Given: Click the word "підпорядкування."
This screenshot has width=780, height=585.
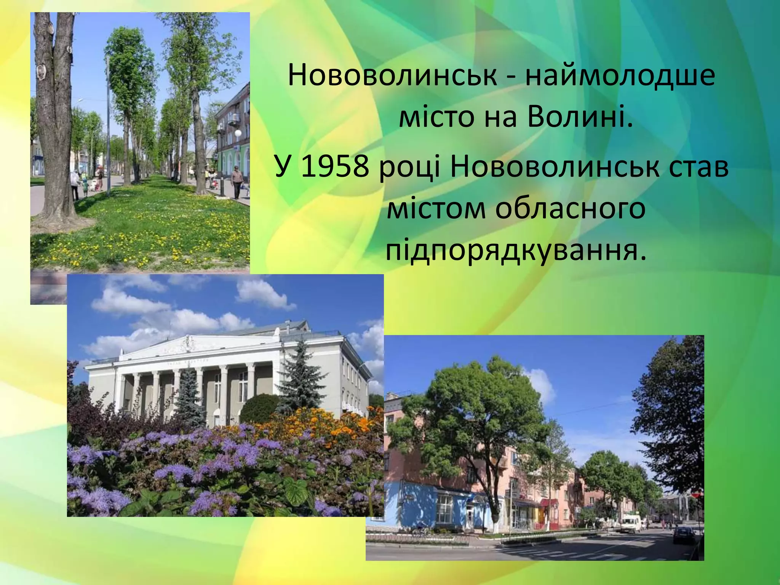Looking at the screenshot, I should coord(516,251).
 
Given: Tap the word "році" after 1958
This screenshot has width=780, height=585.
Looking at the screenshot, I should coord(409,168).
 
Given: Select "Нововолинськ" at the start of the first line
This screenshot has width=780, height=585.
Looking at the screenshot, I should coord(393,75).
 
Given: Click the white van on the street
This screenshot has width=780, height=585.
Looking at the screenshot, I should coord(631,523).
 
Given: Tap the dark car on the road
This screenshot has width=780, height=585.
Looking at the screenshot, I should coord(684,534).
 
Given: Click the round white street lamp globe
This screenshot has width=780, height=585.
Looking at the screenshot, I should coord(238,133).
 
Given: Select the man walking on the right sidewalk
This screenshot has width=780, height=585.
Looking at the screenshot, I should coord(237,181).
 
